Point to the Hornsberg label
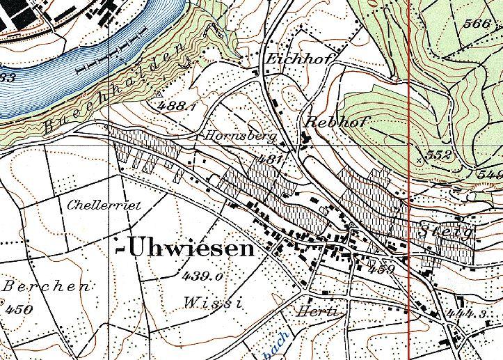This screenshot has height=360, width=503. click(x=238, y=134)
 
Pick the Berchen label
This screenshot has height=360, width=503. click(x=47, y=286)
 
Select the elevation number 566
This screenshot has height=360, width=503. click(x=477, y=24)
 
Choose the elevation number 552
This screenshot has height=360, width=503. click(x=438, y=155)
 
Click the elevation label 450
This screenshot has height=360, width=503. click(x=18, y=308)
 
